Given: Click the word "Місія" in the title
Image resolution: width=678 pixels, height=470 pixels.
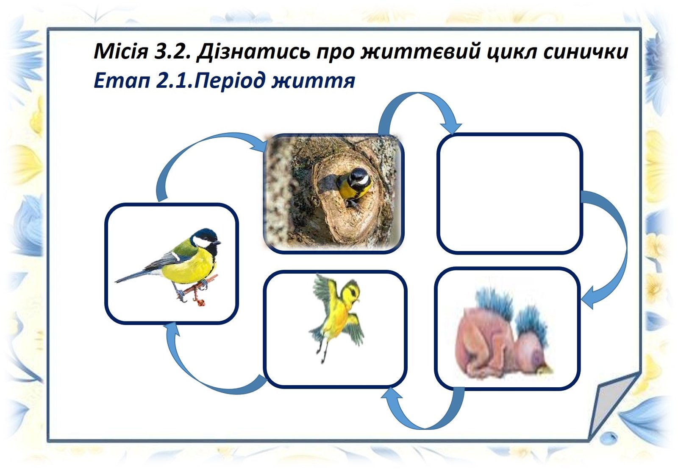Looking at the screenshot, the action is click(x=121, y=51).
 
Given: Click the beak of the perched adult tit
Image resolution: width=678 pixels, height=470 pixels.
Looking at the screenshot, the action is click(x=217, y=243).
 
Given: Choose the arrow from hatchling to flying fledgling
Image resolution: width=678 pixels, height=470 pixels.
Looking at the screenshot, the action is click(x=424, y=425).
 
